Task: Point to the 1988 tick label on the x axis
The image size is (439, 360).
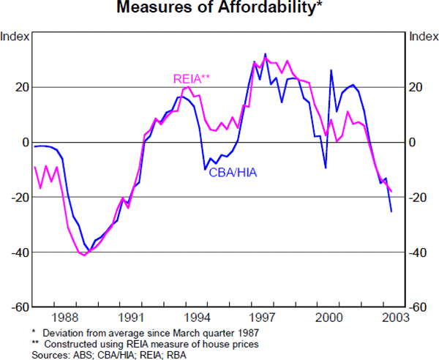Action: pos(65,318)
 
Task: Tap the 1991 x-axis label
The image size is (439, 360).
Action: pos(132,318)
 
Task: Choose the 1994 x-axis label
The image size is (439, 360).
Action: pos(198,318)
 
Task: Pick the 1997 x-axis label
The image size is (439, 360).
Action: pos(263,318)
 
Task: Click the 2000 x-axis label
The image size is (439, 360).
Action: pos(329,318)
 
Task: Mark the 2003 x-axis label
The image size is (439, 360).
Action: pos(395,318)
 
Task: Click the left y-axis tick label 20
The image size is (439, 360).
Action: pos(23,87)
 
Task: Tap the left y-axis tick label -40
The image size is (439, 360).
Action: pos(20,252)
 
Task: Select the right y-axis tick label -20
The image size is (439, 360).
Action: pos(418,198)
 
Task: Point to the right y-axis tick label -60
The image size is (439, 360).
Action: pos(418,308)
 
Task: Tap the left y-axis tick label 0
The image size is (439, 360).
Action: pos(25,142)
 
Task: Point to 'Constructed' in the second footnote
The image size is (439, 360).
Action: pos(68,343)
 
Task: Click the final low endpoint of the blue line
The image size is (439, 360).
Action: pos(391,211)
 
